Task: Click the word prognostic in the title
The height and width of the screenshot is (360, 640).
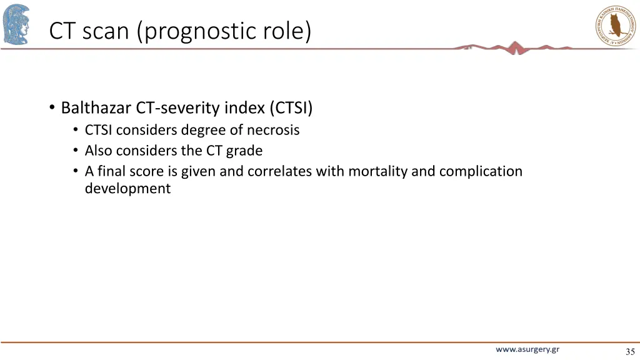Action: click(x=198, y=31)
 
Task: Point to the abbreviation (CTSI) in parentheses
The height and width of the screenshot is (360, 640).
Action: click(x=291, y=109)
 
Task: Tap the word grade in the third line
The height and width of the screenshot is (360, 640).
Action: click(x=244, y=151)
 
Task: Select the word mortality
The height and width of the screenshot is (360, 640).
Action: click(x=378, y=171)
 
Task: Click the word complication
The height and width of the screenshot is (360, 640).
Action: click(x=481, y=171)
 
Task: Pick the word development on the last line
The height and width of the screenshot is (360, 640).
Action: click(x=127, y=189)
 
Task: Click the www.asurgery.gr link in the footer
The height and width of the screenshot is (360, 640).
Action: click(x=527, y=350)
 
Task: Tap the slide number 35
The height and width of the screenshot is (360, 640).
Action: click(x=629, y=352)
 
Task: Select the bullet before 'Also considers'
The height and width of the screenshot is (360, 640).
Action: click(x=75, y=151)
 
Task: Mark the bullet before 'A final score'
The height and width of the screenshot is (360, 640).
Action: click(x=75, y=171)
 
